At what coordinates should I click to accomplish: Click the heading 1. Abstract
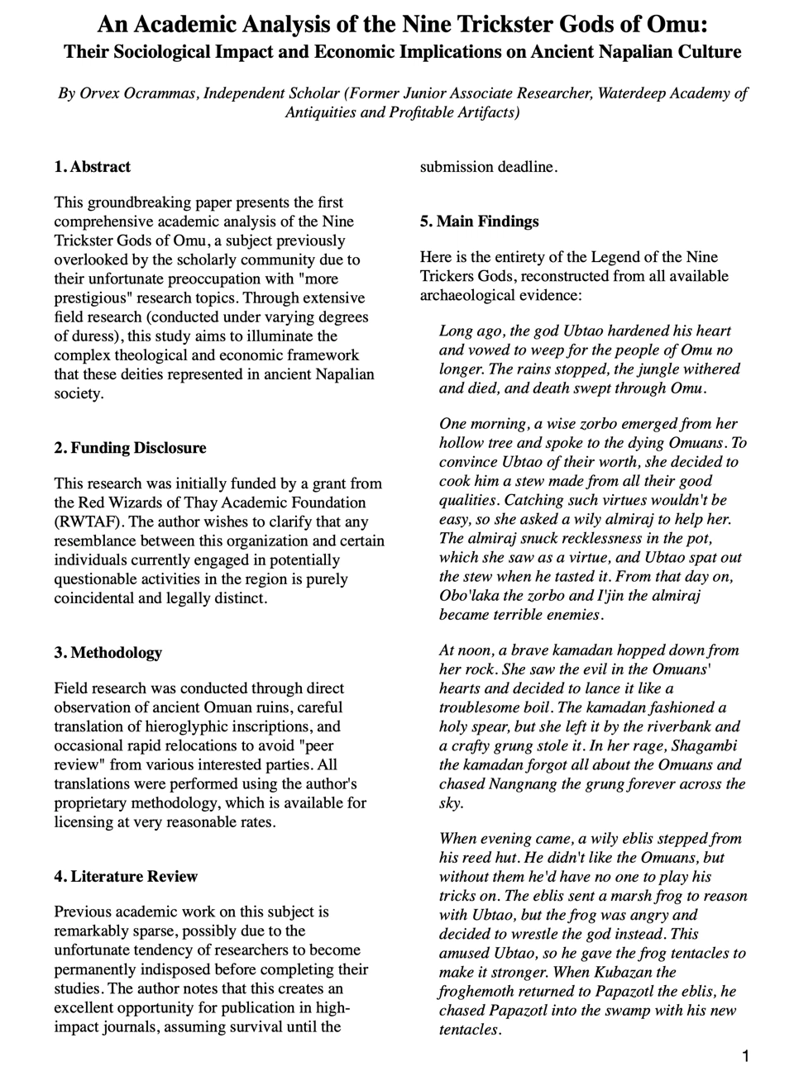[92, 167]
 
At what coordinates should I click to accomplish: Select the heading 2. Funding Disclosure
[130, 448]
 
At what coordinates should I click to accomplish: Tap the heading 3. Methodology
[108, 653]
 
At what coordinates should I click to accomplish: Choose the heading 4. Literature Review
[126, 877]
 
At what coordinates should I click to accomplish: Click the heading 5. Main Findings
[479, 221]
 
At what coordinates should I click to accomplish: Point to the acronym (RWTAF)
[85, 521]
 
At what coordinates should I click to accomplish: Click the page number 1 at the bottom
[746, 1056]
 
